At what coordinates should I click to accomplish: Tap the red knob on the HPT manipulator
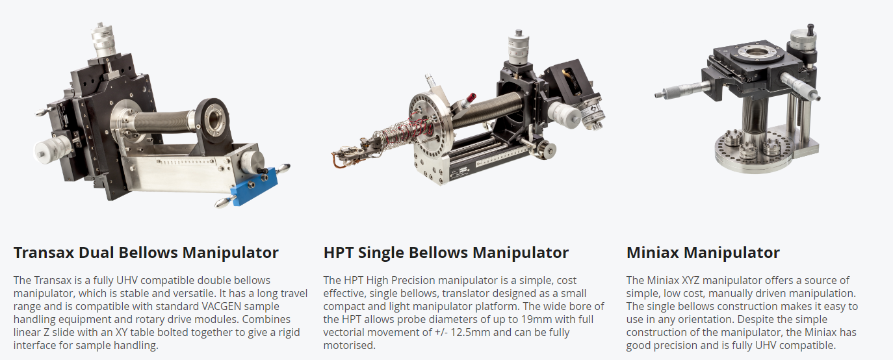click(x=471, y=97)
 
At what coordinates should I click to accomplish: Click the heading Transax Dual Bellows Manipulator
click(x=146, y=253)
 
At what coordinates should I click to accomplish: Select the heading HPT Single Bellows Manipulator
click(x=446, y=253)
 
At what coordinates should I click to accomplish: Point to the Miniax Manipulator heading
click(x=703, y=253)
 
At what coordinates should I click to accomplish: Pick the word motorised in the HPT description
click(x=349, y=345)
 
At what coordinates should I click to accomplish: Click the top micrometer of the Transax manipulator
click(x=103, y=40)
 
